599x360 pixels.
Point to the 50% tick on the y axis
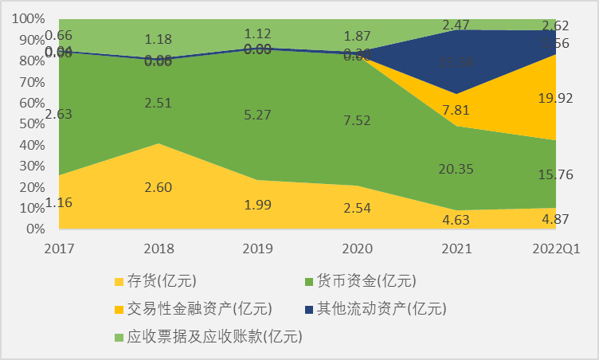point(30,123)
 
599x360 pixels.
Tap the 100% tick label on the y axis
point(29,18)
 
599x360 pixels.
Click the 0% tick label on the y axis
point(33,229)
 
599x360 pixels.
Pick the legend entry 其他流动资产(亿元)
point(382,308)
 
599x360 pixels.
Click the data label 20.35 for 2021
point(458,168)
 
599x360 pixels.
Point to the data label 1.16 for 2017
point(59,203)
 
